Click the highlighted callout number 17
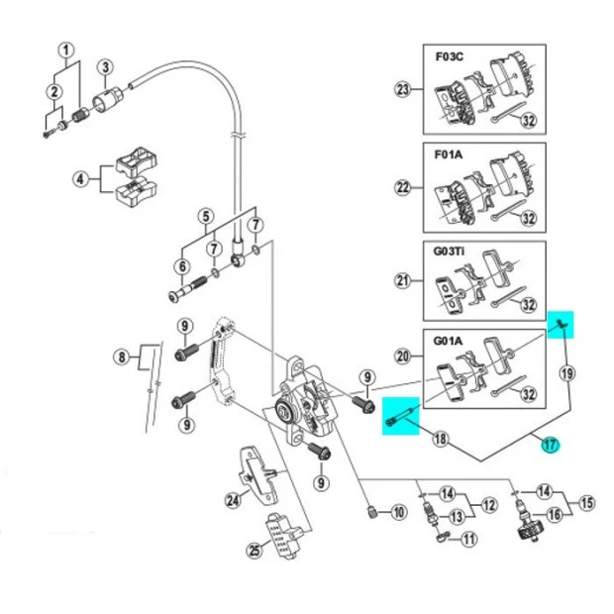pyautogui.click(x=550, y=446)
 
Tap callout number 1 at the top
pyautogui.click(x=65, y=51)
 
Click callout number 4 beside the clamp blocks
pyautogui.click(x=79, y=179)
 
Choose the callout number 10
pyautogui.click(x=398, y=512)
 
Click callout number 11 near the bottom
pyautogui.click(x=468, y=539)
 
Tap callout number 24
pyautogui.click(x=232, y=499)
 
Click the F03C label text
pyautogui.click(x=449, y=55)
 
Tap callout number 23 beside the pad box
pyautogui.click(x=403, y=90)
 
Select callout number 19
pyautogui.click(x=566, y=373)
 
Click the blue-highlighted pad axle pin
pyautogui.click(x=403, y=416)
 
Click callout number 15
pyautogui.click(x=586, y=503)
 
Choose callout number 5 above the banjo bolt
pyautogui.click(x=205, y=215)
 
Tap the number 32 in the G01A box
pyautogui.click(x=528, y=394)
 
